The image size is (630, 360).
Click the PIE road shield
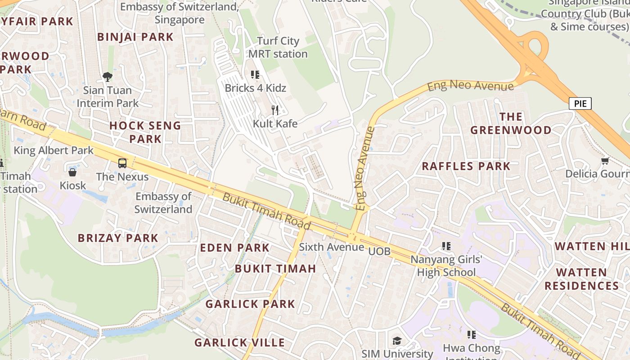(580, 103)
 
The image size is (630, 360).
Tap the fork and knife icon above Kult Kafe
(275, 110)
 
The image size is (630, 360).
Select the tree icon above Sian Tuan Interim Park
(107, 77)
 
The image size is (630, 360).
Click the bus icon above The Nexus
(122, 163)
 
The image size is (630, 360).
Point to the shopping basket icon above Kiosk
(72, 172)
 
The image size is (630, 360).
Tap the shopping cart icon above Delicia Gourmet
(605, 161)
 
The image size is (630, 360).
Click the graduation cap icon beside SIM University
(397, 341)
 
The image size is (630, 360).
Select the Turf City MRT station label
(278, 47)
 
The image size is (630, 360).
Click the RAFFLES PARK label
(466, 166)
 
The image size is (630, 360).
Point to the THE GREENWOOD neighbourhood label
(511, 123)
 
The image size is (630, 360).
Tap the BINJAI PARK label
(135, 37)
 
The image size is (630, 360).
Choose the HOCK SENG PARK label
(145, 132)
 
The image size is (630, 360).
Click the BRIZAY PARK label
(118, 238)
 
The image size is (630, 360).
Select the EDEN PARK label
(234, 247)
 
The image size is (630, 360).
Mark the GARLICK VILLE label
(239, 342)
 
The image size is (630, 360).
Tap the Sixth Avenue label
(332, 247)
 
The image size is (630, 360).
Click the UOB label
(379, 251)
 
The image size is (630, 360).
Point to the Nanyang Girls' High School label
(446, 265)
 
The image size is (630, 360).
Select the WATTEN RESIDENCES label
(581, 279)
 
